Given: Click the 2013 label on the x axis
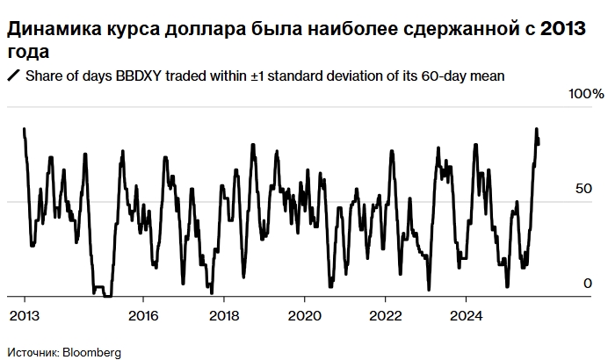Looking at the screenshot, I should [x=25, y=314].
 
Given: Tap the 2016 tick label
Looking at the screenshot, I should [x=144, y=314].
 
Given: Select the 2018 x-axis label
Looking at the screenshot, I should [x=224, y=314].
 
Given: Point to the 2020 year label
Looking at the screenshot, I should [x=304, y=314].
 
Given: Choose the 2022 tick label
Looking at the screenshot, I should [x=384, y=314].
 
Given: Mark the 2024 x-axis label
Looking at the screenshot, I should [x=465, y=314].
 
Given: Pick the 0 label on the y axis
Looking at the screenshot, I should [x=575, y=283].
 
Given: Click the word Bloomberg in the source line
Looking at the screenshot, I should [x=91, y=351].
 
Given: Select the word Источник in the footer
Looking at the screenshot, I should [x=32, y=351].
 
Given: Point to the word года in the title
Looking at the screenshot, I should [x=27, y=53].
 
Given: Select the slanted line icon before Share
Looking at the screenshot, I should [x=13, y=76].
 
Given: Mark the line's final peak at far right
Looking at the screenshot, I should [x=536, y=129].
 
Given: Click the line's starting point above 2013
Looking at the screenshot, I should [x=24, y=129].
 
